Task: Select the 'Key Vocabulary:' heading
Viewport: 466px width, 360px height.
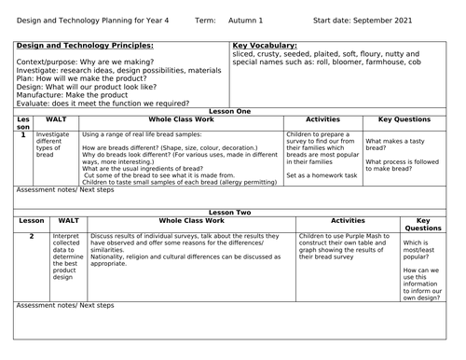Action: (264, 45)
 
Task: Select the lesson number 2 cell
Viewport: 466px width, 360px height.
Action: (31, 237)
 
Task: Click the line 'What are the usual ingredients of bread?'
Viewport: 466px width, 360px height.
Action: (168, 167)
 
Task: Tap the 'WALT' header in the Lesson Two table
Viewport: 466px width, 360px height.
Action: (68, 221)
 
